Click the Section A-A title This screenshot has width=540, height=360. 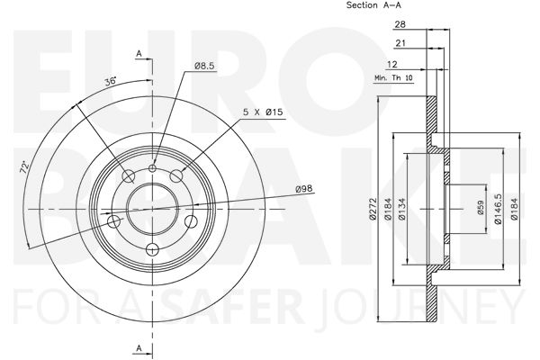click(x=373, y=5)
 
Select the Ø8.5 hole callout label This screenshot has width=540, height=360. click(x=204, y=66)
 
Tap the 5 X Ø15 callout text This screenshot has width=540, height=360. click(x=263, y=112)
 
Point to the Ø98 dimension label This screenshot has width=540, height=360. click(x=304, y=188)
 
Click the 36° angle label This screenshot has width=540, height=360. click(x=111, y=82)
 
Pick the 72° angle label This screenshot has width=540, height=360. click(x=24, y=167)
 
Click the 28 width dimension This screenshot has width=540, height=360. click(x=400, y=24)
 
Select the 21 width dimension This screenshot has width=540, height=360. click(x=400, y=43)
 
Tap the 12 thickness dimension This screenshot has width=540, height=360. click(x=392, y=64)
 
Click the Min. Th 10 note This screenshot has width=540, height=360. click(x=393, y=78)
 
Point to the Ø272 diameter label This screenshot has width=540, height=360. click(x=373, y=209)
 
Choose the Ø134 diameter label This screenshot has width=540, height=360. click(x=401, y=209)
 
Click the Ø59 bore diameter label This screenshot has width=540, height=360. click(x=481, y=208)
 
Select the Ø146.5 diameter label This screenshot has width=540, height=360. click(x=498, y=209)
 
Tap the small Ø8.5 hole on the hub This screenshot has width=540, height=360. click(x=153, y=168)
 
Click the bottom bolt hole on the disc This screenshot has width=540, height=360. click(x=153, y=249)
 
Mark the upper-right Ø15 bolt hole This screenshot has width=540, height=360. click(x=176, y=176)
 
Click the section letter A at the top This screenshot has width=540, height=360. click(x=139, y=54)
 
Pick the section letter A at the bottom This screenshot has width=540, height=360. click(x=139, y=348)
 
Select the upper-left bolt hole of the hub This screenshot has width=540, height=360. click(x=129, y=176)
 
